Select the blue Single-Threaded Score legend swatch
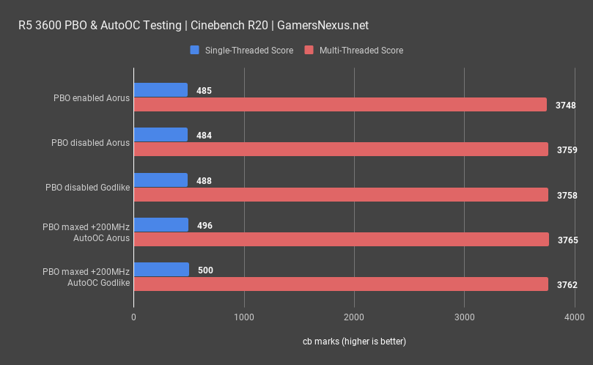click(194, 51)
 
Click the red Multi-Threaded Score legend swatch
click(309, 51)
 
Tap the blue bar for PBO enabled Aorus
click(161, 90)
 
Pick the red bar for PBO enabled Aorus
click(340, 105)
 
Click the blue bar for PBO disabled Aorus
click(161, 135)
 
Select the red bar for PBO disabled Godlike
click(341, 195)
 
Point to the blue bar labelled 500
click(161, 270)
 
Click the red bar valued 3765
click(341, 240)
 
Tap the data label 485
click(205, 91)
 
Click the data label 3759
click(567, 150)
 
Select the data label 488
click(205, 180)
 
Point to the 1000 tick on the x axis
click(243, 317)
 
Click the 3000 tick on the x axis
click(464, 317)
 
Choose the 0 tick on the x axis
click(133, 317)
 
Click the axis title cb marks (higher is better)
click(354, 342)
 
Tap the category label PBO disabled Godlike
click(87, 188)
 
